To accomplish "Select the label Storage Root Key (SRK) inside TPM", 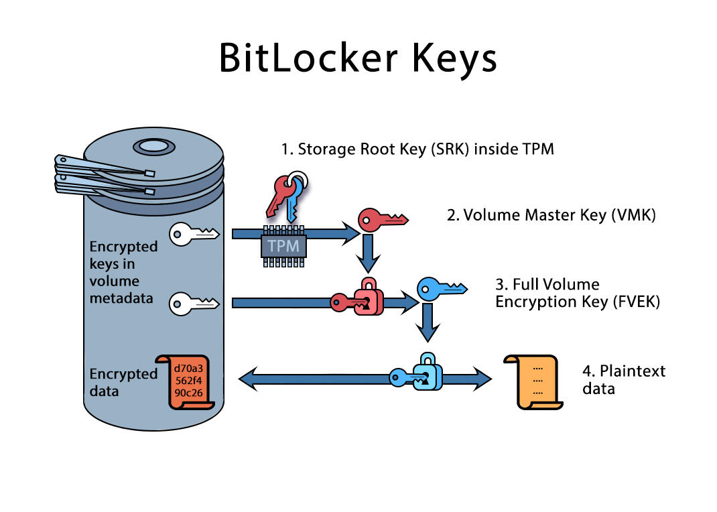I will pyautogui.click(x=417, y=149).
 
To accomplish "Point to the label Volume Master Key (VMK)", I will pyautogui.click(x=551, y=215).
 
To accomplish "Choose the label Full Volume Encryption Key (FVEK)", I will pyautogui.click(x=578, y=293).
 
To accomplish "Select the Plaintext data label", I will pyautogui.click(x=623, y=379).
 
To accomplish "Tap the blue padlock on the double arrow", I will pyautogui.click(x=426, y=372).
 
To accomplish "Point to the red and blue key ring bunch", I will pyautogui.click(x=285, y=194).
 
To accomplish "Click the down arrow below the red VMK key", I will pyautogui.click(x=367, y=253).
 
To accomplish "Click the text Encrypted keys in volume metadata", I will pyautogui.click(x=123, y=271).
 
